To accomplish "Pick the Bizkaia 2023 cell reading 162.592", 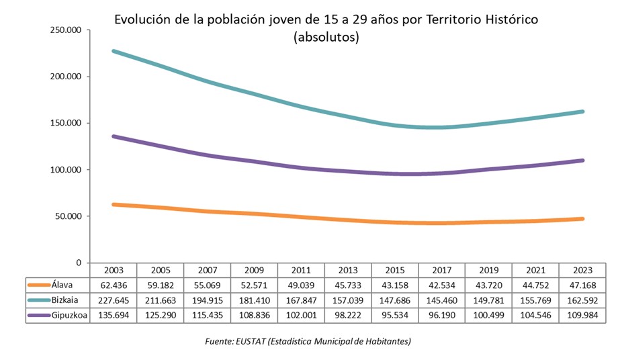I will (582, 299).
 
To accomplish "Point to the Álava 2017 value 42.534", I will (441, 284).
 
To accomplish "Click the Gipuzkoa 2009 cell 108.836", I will (254, 314).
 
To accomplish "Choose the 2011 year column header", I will (300, 269).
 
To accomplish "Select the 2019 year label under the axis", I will (488, 269).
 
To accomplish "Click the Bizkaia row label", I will (65, 299).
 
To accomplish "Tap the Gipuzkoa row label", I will (69, 314).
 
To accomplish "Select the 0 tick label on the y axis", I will (78, 263).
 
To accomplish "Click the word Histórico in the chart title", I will (510, 19).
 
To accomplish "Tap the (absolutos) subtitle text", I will (326, 37).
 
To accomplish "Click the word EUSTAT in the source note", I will (251, 342).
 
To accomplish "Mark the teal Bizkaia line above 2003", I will (114, 51).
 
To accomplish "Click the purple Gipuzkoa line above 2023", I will (582, 161).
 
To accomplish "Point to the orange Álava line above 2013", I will (347, 220).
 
